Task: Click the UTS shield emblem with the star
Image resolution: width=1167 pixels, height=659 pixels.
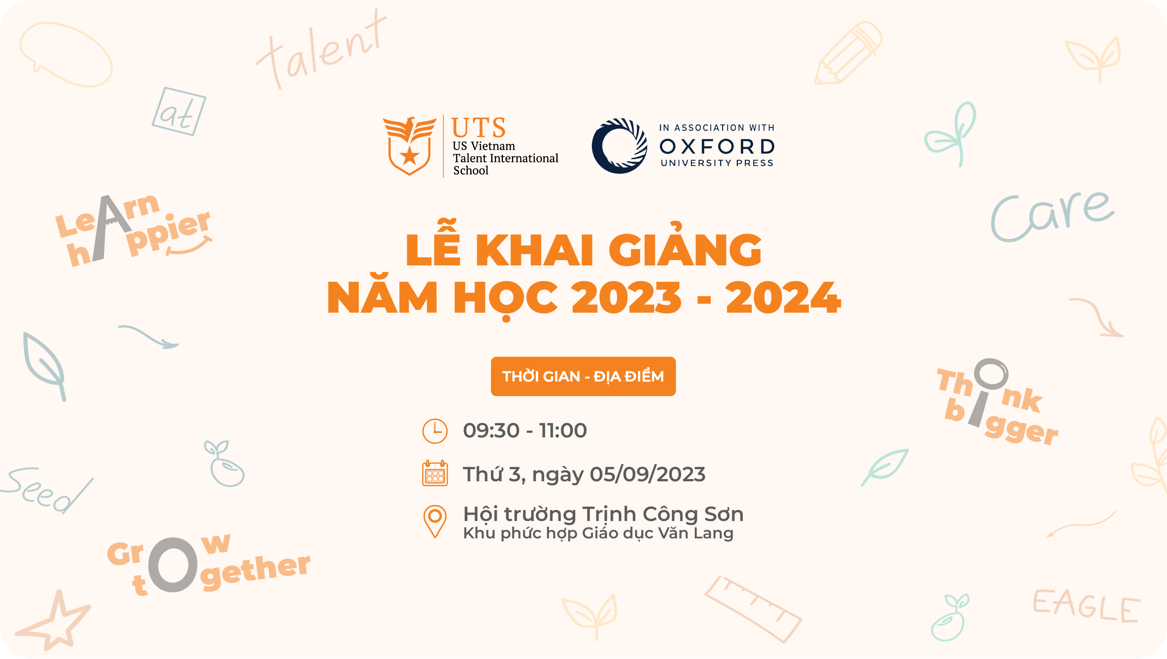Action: (x=409, y=146)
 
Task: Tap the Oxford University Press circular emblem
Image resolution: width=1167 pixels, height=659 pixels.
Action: (x=619, y=146)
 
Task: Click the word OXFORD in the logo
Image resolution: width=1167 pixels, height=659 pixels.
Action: (x=717, y=146)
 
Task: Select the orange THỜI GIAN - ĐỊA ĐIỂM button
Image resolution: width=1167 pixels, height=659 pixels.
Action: (x=583, y=376)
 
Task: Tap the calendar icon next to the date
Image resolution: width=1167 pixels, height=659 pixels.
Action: (x=435, y=473)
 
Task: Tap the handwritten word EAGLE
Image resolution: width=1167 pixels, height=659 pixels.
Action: (x=1086, y=605)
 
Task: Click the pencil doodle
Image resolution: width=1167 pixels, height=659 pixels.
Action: (x=848, y=53)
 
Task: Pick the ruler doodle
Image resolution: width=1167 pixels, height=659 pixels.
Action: (x=753, y=609)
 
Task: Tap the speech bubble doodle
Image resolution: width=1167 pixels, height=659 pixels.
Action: (x=66, y=54)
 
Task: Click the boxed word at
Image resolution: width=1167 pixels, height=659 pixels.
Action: (x=179, y=111)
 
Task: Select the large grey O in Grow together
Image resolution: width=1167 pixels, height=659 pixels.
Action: (x=173, y=564)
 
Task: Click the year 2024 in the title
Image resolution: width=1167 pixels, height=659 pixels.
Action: (x=783, y=298)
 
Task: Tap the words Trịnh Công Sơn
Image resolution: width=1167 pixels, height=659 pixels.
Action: (x=663, y=514)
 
